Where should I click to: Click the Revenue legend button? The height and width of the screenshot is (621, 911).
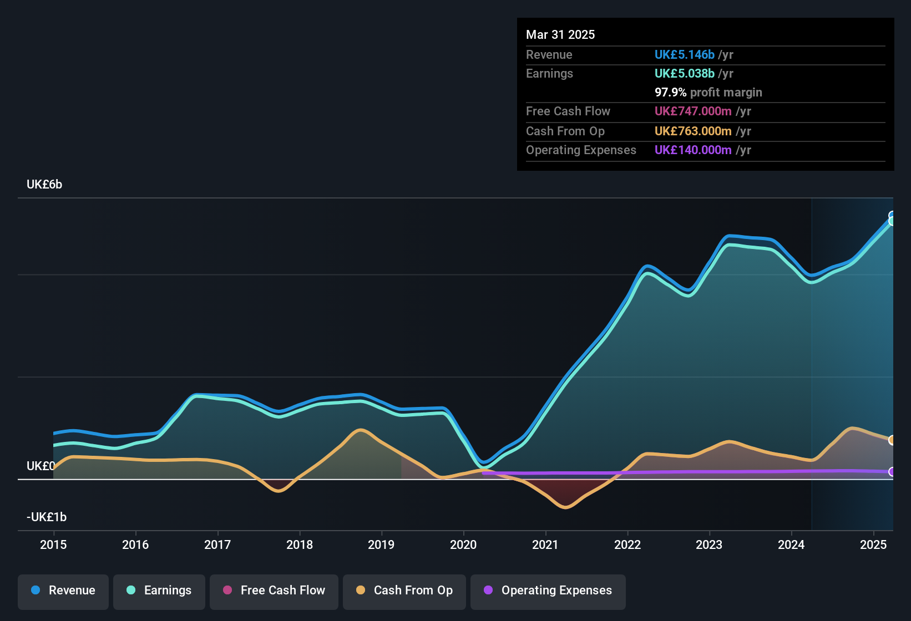pos(63,591)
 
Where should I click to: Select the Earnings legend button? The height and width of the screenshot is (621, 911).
pos(159,591)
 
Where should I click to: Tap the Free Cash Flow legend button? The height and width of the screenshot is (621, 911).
pos(274,591)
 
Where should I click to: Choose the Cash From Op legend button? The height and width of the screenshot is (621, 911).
pos(404,591)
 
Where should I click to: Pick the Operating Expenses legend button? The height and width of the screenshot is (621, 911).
pos(548,591)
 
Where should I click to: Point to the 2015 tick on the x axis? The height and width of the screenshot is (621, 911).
pos(53,544)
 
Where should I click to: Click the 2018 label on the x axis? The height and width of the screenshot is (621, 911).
pos(300,544)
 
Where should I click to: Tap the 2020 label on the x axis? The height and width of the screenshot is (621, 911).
pos(463,544)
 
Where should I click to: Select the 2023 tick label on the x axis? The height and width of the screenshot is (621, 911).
pos(709,544)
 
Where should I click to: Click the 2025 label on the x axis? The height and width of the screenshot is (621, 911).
pos(873,544)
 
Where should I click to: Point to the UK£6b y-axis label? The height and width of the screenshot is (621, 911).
pos(44,185)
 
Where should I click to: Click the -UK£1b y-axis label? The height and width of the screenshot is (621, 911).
pos(47,517)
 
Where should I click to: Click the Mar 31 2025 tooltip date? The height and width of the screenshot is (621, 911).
pos(560,35)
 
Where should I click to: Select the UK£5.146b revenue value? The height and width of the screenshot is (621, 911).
pos(684,55)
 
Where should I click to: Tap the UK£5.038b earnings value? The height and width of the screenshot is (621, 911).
pos(684,74)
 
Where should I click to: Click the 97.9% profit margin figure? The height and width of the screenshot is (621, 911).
pos(670,93)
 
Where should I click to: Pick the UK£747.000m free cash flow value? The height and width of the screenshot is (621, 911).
pos(693,111)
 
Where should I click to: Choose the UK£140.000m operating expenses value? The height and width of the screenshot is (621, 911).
pos(693,150)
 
